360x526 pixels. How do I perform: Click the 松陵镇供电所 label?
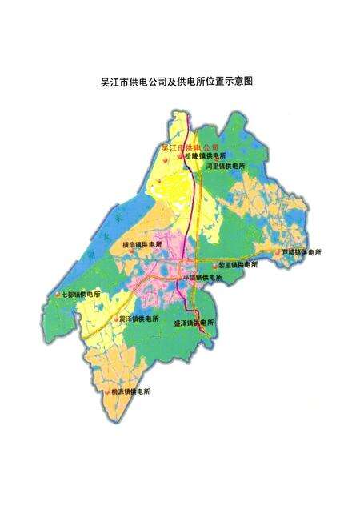click(x=206, y=156)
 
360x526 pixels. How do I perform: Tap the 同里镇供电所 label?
click(x=226, y=167)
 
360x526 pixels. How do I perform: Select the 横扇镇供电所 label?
click(x=142, y=244)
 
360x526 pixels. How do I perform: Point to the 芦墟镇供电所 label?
click(x=302, y=252)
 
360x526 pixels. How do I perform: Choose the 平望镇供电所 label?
click(x=203, y=277)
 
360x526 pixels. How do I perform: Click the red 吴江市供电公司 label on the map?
click(x=189, y=147)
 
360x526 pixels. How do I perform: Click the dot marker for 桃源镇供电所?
click(x=107, y=392)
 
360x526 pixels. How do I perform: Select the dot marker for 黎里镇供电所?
click(x=214, y=265)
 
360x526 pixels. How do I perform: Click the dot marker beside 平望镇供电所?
click(x=180, y=278)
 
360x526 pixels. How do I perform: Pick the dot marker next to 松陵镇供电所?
click(x=181, y=157)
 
